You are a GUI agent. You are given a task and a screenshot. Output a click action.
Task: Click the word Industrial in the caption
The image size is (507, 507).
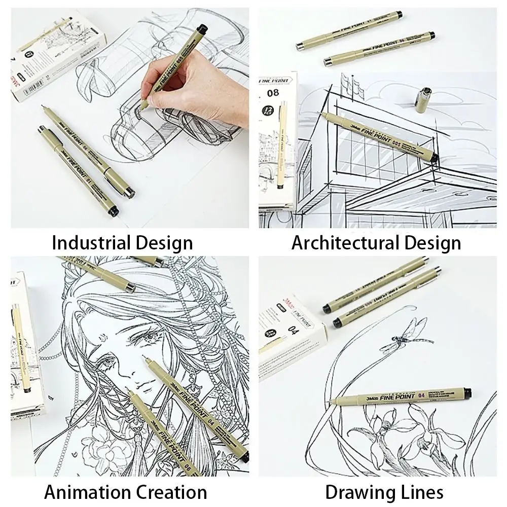coord(84,242)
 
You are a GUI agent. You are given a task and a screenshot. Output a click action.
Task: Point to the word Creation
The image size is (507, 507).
coord(171,492)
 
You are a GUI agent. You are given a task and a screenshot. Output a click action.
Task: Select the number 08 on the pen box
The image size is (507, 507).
coord(273,94)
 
